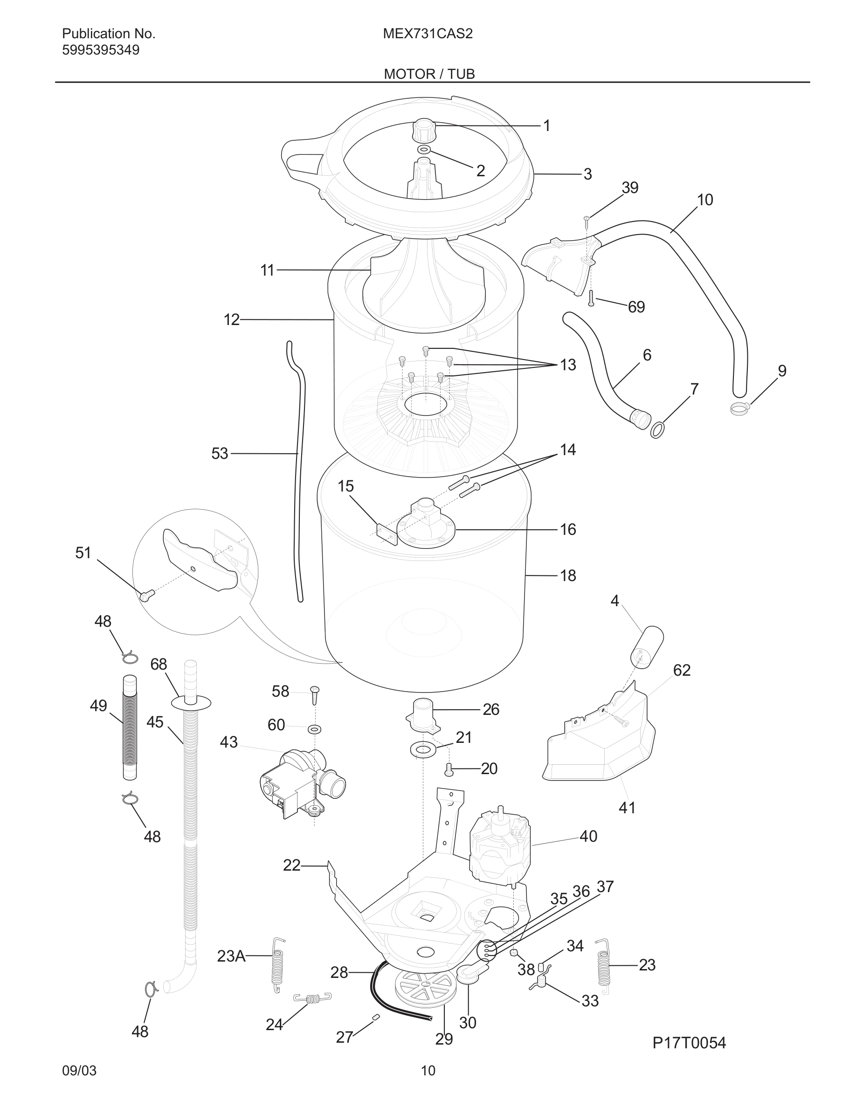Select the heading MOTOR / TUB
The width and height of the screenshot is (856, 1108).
(429, 74)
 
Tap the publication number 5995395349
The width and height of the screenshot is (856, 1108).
(100, 50)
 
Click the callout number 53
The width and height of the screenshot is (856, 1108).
(220, 454)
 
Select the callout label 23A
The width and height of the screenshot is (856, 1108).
(231, 956)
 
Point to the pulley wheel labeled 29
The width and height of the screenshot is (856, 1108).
(424, 989)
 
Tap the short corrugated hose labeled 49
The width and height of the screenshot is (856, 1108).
(130, 727)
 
